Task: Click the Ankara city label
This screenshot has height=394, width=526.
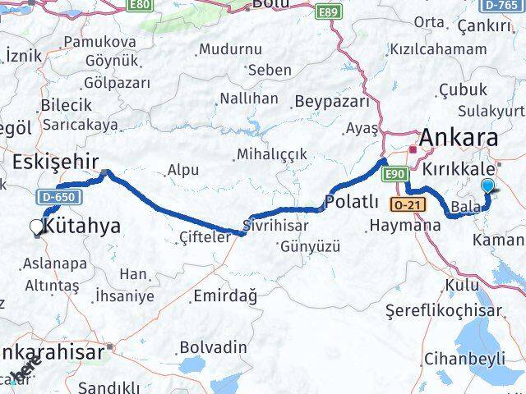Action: tap(459, 137)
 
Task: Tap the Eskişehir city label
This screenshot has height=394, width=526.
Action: tap(55, 159)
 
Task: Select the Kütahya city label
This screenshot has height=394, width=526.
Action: tap(81, 224)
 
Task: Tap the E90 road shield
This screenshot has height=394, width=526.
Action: tap(394, 172)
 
